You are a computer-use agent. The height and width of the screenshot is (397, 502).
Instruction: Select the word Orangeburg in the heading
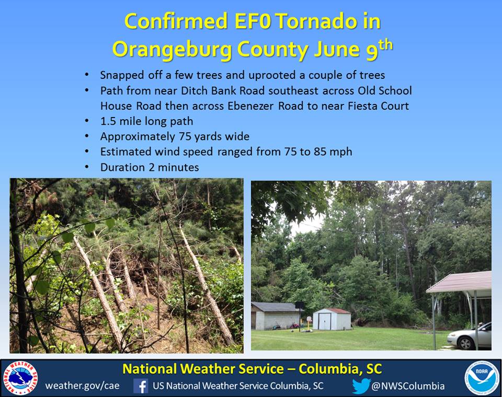coord(172,50)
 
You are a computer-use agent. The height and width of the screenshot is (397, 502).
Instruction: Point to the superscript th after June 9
coord(385,45)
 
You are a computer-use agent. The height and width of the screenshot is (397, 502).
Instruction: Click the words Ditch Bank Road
coord(223,90)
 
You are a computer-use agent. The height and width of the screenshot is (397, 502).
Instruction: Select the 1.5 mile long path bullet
coord(146,121)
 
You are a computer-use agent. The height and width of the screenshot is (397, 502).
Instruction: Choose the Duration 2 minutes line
coord(150,167)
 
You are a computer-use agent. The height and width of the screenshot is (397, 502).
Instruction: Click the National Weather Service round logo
coord(20,378)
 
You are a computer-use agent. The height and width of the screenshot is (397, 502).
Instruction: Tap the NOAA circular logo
coord(482,378)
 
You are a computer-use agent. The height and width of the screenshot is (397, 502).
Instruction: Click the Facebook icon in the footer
coord(141,386)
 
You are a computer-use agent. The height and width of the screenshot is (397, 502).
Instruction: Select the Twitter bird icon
coord(361,386)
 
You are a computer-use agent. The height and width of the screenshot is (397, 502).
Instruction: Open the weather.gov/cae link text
coord(82,386)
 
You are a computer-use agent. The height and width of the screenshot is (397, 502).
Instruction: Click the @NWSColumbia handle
coord(408,386)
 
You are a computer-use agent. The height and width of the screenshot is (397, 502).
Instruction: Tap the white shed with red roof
coord(332,319)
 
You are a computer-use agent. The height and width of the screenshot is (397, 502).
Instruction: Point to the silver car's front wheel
coord(465,343)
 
